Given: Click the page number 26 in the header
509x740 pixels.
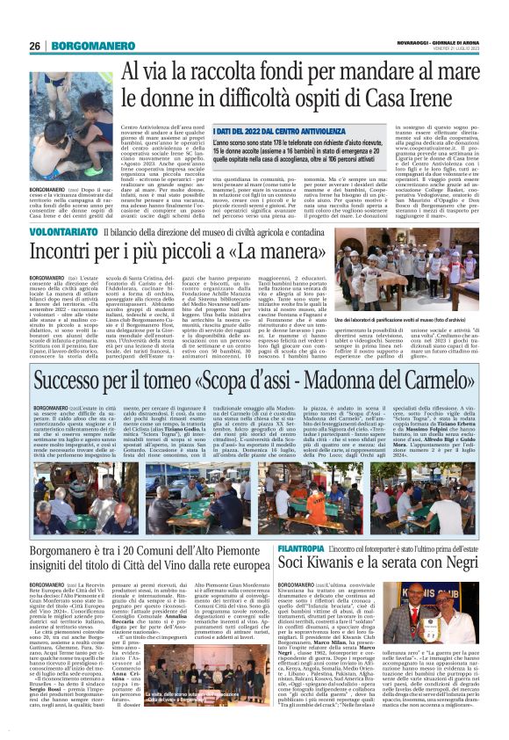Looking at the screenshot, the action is (35, 47).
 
